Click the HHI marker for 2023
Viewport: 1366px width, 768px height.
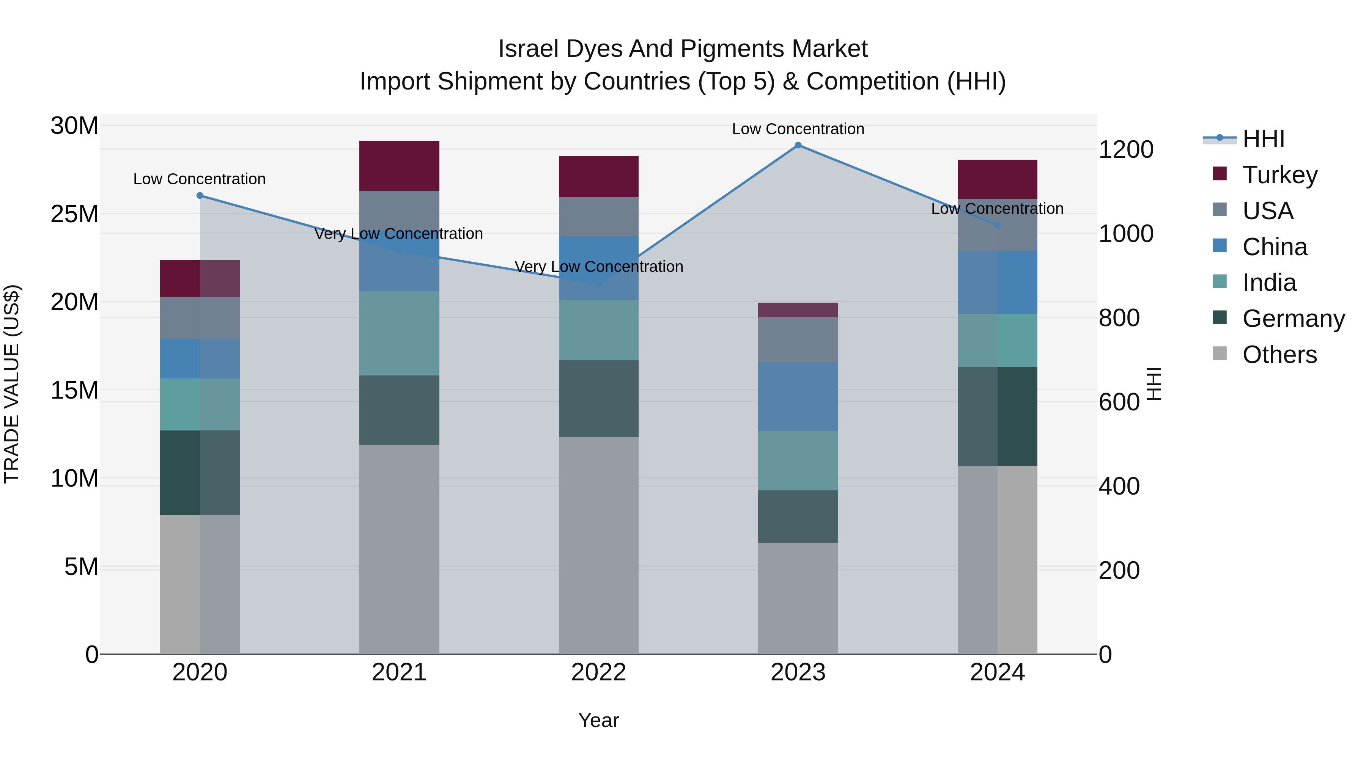pyautogui.click(x=798, y=145)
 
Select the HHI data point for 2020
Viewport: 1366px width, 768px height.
pyautogui.click(x=200, y=196)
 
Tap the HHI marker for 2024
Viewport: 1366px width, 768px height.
pyautogui.click(x=998, y=225)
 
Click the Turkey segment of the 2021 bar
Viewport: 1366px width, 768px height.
pyautogui.click(x=399, y=165)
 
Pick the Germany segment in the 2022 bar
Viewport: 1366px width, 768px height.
pyautogui.click(x=599, y=398)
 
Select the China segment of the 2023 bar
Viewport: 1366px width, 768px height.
pyautogui.click(x=798, y=396)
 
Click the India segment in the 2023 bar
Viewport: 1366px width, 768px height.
pyautogui.click(x=798, y=460)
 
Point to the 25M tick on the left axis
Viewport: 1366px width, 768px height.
pyautogui.click(x=74, y=214)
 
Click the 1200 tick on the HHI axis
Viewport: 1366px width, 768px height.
pyautogui.click(x=1126, y=149)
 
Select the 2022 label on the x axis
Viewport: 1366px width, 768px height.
pyautogui.click(x=599, y=672)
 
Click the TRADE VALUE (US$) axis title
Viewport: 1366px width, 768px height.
pyautogui.click(x=12, y=384)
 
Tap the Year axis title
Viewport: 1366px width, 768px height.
pyautogui.click(x=599, y=720)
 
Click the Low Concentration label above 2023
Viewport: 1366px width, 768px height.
pyautogui.click(x=798, y=129)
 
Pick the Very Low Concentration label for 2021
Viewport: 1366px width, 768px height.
pyautogui.click(x=399, y=234)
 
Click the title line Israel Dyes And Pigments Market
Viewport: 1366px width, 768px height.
pyautogui.click(x=683, y=49)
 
